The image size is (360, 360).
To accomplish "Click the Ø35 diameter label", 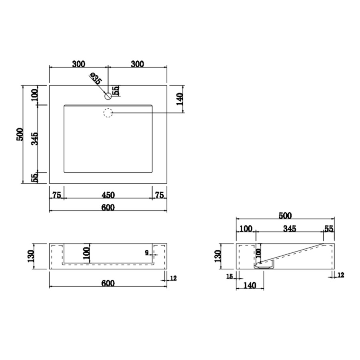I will [96, 78].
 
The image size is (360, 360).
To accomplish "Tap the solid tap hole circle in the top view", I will [108, 96].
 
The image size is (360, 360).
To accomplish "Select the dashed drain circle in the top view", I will [108, 113].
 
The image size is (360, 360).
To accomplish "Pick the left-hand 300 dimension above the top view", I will [79, 64].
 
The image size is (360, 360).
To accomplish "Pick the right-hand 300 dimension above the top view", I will [137, 64].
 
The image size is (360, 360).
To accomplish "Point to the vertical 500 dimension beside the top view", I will [19, 134].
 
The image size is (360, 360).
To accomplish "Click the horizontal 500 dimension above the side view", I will [285, 216].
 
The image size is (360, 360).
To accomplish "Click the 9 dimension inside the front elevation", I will [147, 252].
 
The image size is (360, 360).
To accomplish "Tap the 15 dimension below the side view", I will [229, 276].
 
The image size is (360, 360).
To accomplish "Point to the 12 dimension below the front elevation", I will [173, 278].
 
